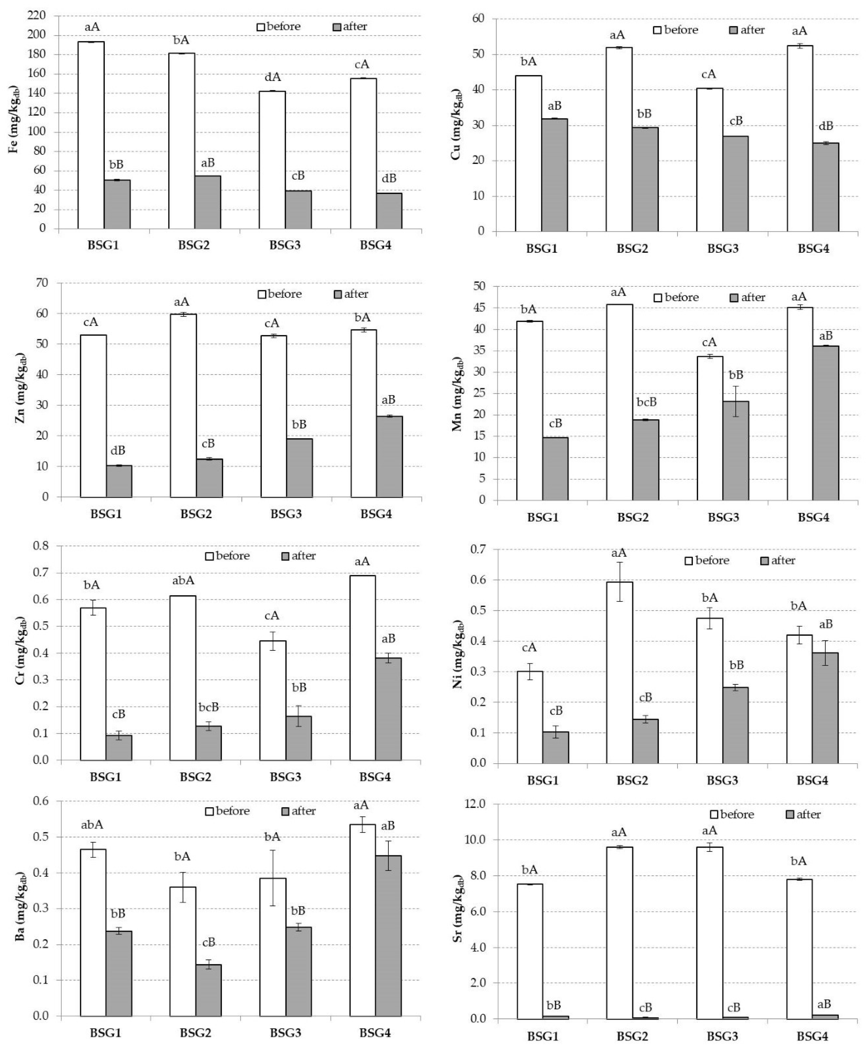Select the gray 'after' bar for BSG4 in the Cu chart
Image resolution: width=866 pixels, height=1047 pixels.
click(x=826, y=187)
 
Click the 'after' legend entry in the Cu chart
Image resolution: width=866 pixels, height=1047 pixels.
click(x=746, y=30)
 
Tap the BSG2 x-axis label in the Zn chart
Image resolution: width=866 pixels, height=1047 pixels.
click(x=196, y=514)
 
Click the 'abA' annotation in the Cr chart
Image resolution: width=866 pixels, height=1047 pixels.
click(x=183, y=581)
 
